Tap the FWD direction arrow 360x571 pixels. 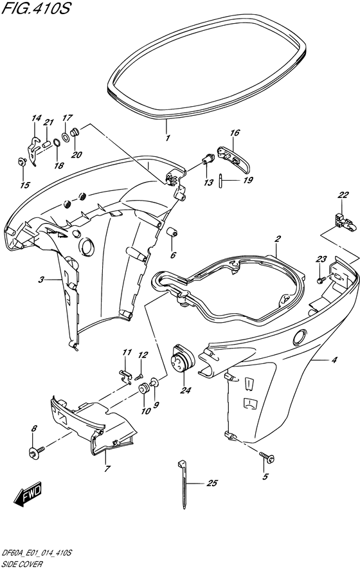(x=28, y=495)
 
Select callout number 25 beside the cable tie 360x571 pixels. (x=212, y=484)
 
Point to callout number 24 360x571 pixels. (x=185, y=390)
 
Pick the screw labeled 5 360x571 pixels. (x=267, y=457)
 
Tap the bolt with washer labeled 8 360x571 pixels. (x=37, y=452)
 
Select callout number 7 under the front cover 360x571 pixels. (x=107, y=469)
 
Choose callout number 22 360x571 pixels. (x=343, y=195)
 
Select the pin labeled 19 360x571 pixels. (x=221, y=181)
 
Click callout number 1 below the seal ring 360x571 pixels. (x=168, y=138)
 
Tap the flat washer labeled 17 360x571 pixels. (x=66, y=137)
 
